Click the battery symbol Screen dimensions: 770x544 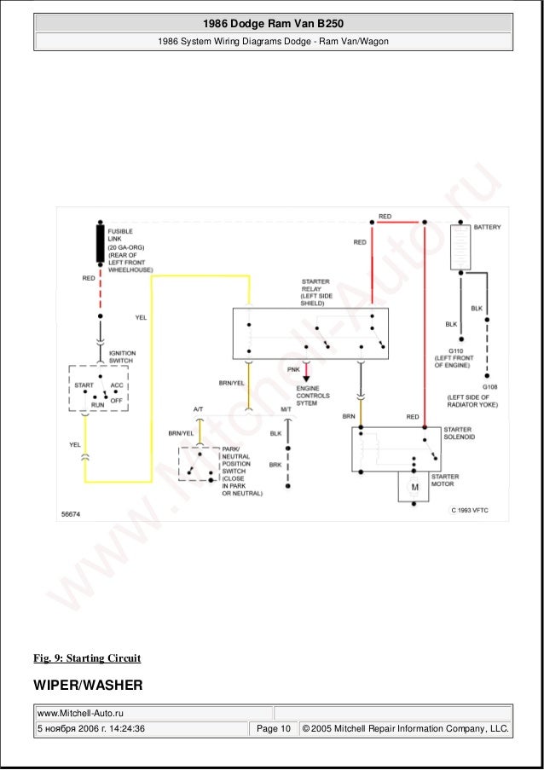[460, 246]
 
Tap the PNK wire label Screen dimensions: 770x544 [293, 369]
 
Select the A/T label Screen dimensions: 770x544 [198, 410]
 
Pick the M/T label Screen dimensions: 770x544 [286, 410]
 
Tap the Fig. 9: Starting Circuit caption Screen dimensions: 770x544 [87, 658]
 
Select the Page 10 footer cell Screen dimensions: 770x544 [273, 728]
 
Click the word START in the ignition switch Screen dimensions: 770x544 [84, 385]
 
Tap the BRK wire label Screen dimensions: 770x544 [275, 465]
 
